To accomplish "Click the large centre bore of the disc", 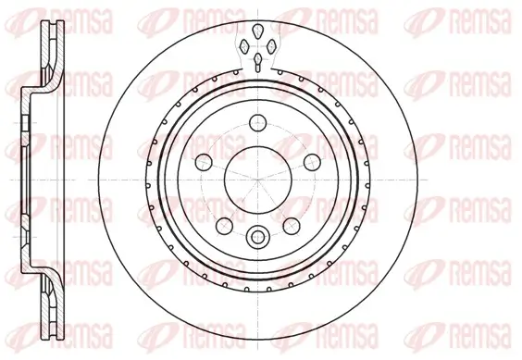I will click(256, 177).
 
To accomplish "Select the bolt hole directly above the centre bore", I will click(256, 120).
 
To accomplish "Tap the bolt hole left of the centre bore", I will click(202, 160).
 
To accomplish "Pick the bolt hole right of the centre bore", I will click(311, 160).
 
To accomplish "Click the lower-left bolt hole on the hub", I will click(223, 224).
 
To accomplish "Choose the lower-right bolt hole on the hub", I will click(290, 224).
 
